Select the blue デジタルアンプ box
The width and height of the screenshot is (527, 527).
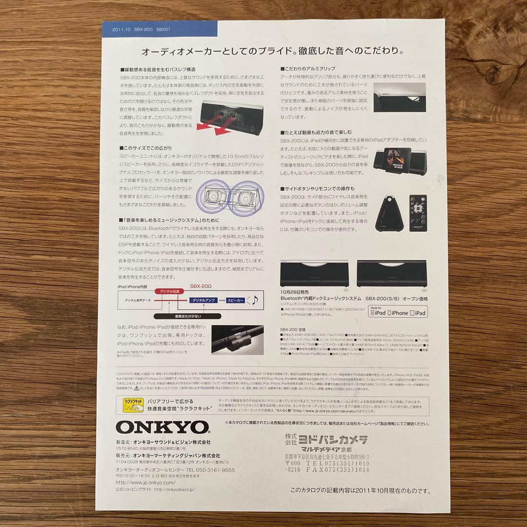(x=204, y=301)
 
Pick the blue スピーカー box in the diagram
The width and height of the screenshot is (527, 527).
(x=236, y=301)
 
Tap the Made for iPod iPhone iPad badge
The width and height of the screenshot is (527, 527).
(x=398, y=311)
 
